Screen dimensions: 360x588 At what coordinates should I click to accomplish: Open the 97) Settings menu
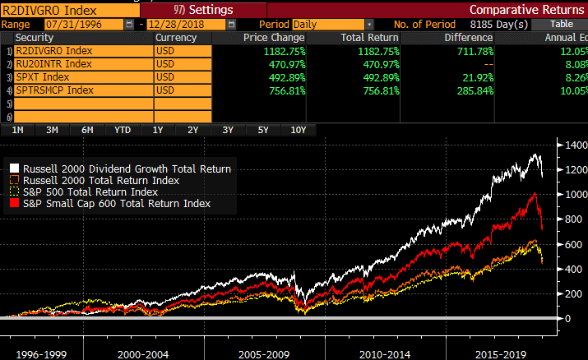(x=197, y=10)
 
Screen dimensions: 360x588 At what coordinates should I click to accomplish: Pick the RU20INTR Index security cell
(x=82, y=63)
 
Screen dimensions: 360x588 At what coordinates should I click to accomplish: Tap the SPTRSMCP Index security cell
(x=82, y=90)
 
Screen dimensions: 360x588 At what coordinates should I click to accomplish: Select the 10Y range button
(x=298, y=130)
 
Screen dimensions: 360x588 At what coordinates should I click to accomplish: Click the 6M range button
(x=87, y=130)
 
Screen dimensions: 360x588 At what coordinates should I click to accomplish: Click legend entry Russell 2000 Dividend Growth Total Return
(x=124, y=168)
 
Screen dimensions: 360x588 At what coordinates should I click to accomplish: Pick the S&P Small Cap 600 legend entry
(x=115, y=203)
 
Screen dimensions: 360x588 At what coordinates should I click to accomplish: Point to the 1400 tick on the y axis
(x=571, y=145)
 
